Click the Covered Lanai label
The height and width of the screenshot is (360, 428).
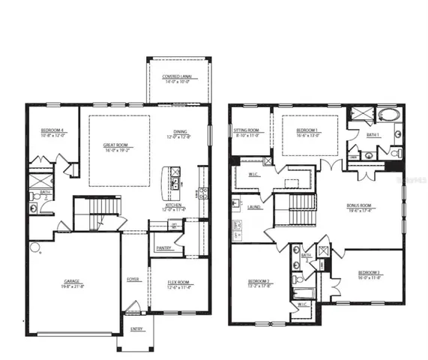[178, 77]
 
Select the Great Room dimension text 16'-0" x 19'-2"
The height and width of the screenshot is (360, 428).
[117, 150]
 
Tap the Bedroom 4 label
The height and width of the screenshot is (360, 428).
[54, 131]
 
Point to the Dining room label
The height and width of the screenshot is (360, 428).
[181, 131]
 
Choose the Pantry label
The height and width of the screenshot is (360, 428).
[163, 247]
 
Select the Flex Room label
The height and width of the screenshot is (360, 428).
[178, 283]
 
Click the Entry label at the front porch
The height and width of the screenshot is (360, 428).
[136, 328]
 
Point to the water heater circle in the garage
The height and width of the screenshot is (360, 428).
[34, 245]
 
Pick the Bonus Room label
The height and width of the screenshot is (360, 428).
[359, 204]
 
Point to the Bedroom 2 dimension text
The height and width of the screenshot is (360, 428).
[259, 286]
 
